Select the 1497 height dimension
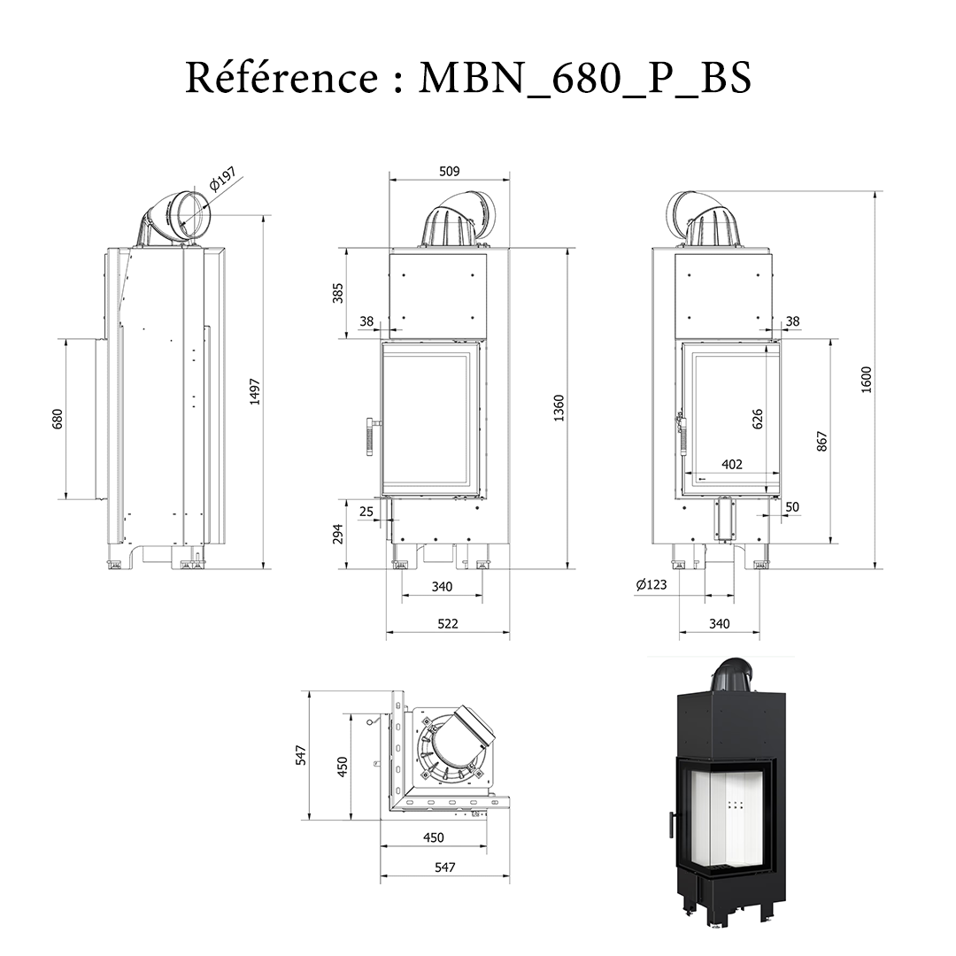[x=255, y=391]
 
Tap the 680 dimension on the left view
[x=57, y=418]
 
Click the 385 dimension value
[x=336, y=293]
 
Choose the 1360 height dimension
[x=559, y=408]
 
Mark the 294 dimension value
[x=336, y=534]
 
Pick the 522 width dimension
[x=448, y=623]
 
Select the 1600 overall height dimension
[x=867, y=380]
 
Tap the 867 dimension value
[x=821, y=442]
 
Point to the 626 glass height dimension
[x=758, y=419]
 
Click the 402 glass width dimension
[x=732, y=464]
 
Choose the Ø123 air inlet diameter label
[x=651, y=584]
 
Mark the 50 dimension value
[x=792, y=507]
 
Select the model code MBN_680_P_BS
[x=584, y=78]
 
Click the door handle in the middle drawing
[x=371, y=436]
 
